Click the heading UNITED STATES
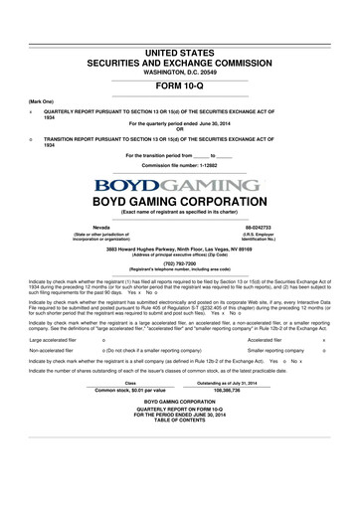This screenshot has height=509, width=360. coord(180,49)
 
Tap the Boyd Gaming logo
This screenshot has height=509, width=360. coord(180,183)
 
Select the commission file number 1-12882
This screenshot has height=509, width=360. coord(180,166)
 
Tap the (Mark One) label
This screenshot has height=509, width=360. coord(41,101)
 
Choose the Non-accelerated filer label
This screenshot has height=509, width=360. coord(54,379)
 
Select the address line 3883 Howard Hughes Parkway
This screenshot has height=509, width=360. coord(180,247)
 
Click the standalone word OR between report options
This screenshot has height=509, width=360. coord(180,128)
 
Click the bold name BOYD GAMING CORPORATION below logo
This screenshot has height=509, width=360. coord(180,200)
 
